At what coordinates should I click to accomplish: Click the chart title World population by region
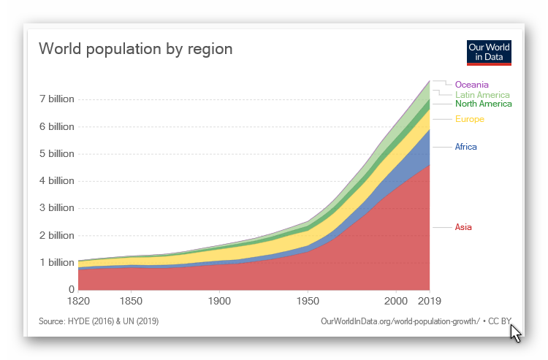135,49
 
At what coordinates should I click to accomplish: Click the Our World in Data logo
489,52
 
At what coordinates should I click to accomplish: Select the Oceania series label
471,85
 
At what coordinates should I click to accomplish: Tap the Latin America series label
482,95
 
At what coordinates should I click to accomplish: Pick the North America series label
483,104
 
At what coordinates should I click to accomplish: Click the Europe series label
469,119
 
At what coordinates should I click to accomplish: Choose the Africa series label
465,147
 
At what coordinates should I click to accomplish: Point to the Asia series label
463,227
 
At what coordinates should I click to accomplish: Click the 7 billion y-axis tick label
56,99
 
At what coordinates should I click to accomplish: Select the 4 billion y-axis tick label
56,181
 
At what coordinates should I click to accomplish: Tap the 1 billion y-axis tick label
56,263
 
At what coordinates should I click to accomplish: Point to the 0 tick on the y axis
70,290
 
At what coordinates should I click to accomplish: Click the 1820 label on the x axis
77,301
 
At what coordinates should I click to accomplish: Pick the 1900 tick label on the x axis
219,301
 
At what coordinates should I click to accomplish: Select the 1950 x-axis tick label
308,301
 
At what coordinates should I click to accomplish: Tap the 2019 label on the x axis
430,301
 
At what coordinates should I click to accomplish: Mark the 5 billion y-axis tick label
56,154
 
